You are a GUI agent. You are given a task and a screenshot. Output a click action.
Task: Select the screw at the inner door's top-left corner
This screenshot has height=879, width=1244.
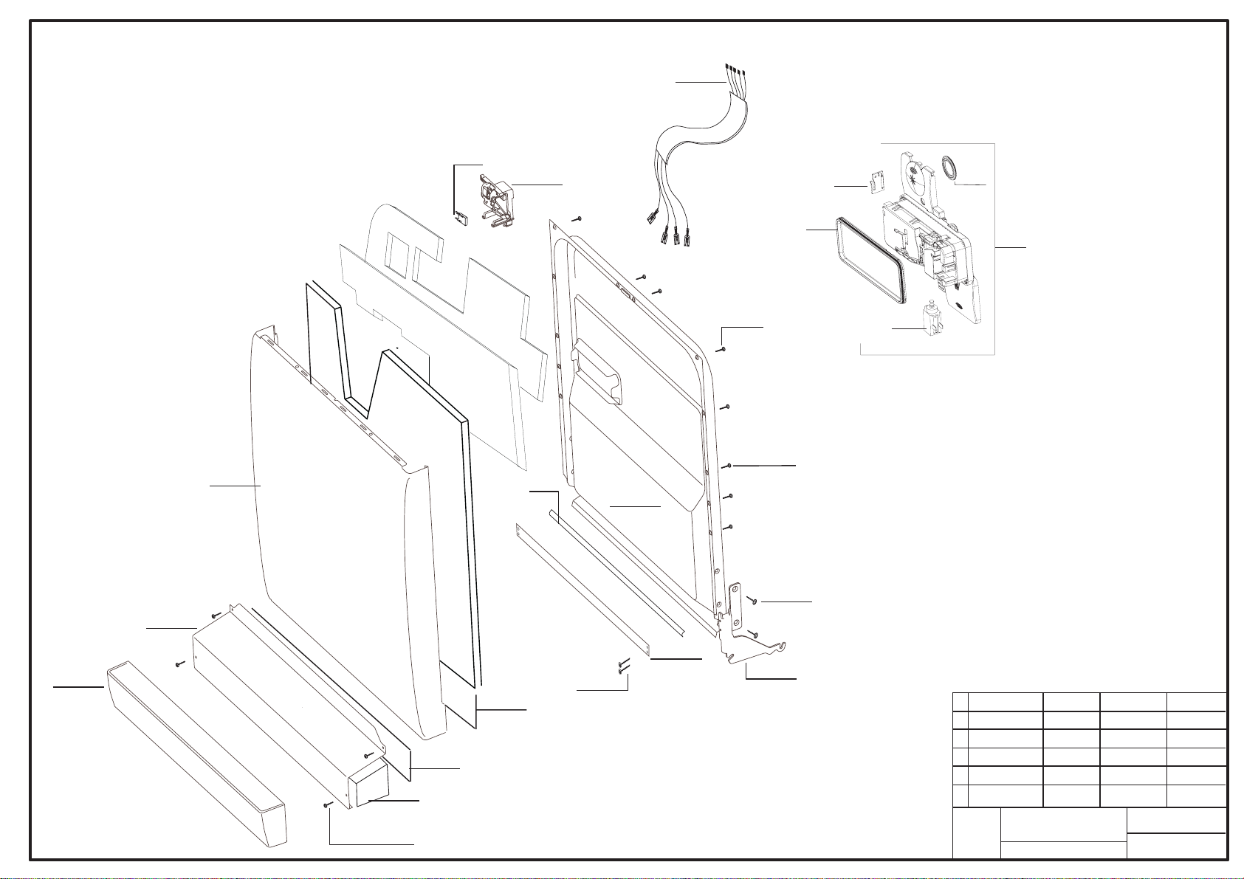click(x=578, y=218)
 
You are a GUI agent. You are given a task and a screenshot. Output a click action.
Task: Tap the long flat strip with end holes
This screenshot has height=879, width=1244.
click(x=583, y=590)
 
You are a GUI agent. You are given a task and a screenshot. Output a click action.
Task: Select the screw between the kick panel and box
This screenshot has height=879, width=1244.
click(x=179, y=664)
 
